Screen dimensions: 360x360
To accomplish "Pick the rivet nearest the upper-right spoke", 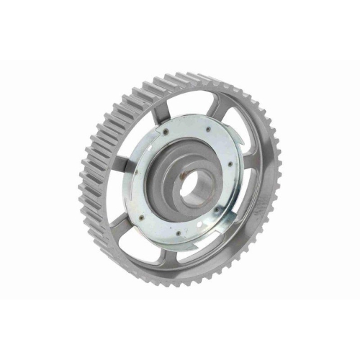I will [208, 129].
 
